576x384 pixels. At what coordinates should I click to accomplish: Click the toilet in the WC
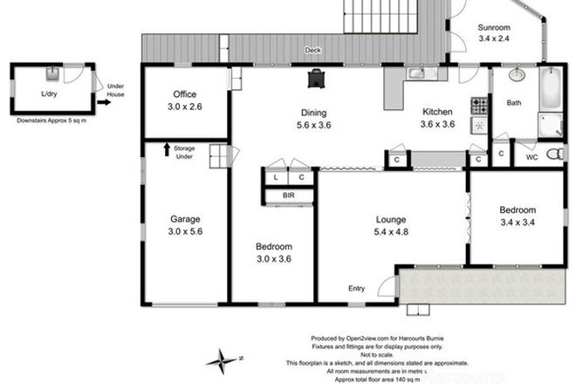click(x=552, y=154)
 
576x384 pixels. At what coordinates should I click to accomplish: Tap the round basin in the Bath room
click(x=515, y=75)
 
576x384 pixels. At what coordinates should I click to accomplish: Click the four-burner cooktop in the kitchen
click(x=479, y=106)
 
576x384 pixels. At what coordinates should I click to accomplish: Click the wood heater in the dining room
click(x=314, y=78)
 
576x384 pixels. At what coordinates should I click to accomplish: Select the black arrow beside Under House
click(x=104, y=102)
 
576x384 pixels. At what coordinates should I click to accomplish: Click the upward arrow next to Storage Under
click(x=167, y=149)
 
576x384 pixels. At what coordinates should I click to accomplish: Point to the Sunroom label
click(x=495, y=26)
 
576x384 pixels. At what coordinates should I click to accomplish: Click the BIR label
click(x=289, y=196)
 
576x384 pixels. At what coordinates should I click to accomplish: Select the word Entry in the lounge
click(x=357, y=289)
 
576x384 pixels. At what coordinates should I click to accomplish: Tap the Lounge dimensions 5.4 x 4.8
click(x=390, y=231)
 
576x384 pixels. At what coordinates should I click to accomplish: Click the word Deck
click(x=312, y=51)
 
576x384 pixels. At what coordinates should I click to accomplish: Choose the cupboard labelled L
click(x=276, y=177)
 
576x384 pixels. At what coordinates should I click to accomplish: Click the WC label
click(x=529, y=158)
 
